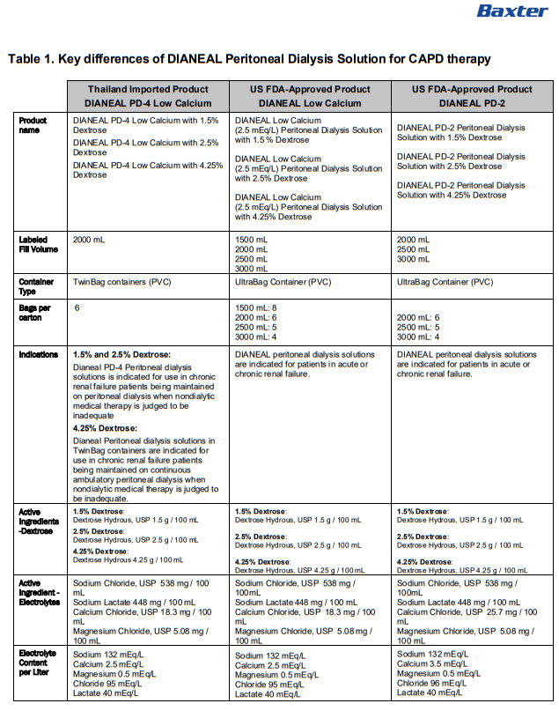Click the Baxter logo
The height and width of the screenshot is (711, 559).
pyautogui.click(x=511, y=11)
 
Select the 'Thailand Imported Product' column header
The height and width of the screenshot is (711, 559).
pyautogui.click(x=148, y=90)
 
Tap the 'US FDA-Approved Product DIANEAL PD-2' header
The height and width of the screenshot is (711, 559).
pyautogui.click(x=473, y=96)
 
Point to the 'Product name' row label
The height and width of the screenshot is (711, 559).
pyautogui.click(x=33, y=125)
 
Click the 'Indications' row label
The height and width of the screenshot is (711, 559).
pyautogui.click(x=39, y=355)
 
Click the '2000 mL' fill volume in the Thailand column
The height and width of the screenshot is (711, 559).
pyautogui.click(x=89, y=240)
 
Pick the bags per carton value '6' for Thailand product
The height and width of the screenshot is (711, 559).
pyautogui.click(x=77, y=308)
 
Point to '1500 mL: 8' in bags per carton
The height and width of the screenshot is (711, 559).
pyautogui.click(x=257, y=308)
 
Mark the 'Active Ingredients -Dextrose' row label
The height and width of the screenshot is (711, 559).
pyautogui.click(x=40, y=521)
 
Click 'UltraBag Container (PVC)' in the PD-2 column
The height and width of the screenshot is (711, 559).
pyautogui.click(x=445, y=283)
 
